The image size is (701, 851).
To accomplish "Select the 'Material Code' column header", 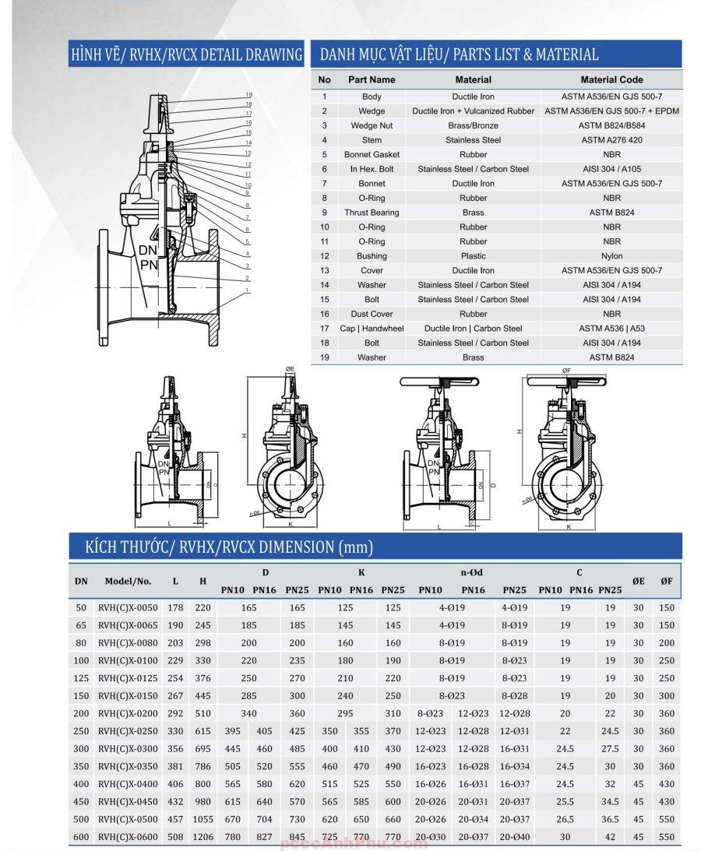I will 611,79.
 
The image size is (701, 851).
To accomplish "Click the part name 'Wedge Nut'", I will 372,125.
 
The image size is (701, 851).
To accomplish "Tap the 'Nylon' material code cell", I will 611,256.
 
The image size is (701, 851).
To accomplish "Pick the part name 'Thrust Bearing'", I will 372,213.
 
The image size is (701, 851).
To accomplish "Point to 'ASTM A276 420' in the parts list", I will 611,140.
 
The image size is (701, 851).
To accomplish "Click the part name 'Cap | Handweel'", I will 372,329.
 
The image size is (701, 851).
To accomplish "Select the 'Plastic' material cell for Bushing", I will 473,256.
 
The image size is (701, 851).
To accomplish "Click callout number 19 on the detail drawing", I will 248,95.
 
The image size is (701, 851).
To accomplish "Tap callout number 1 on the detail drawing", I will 248,290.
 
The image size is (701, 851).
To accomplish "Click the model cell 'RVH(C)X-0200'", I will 128,713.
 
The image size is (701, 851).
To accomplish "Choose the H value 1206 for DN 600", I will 203,837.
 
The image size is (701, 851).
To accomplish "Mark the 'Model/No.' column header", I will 128,581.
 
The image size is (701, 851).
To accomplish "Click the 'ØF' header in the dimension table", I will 666,581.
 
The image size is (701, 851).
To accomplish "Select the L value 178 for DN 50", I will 175,607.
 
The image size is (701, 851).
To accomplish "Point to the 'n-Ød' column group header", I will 471,573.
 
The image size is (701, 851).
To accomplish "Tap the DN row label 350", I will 81,766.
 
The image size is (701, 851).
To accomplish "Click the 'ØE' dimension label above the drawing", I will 289,369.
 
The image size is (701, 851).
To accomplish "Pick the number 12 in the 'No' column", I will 325,256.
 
